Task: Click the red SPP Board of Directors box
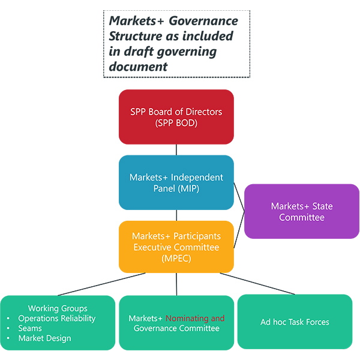point(176,116)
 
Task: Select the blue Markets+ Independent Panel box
point(176,182)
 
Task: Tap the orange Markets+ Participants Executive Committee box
point(176,247)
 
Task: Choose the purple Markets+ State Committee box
point(301,211)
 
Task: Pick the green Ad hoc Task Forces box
point(295,322)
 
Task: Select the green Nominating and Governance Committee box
point(176,323)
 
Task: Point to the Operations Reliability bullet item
point(56,319)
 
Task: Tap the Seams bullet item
point(30,328)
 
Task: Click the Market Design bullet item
point(44,338)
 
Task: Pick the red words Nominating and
point(195,318)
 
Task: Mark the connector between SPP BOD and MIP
point(176,149)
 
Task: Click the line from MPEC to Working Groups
point(102,284)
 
